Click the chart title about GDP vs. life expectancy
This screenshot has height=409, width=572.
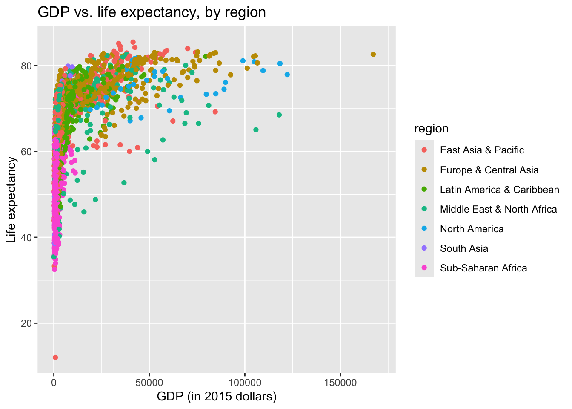[152, 12]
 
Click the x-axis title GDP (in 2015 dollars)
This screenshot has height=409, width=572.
[217, 397]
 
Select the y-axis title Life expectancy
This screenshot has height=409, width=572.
[11, 200]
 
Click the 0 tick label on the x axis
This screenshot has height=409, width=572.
[54, 383]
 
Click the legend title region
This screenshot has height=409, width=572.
[431, 129]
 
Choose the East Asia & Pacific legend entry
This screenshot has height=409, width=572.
[482, 150]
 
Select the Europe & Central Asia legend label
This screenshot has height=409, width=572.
[489, 170]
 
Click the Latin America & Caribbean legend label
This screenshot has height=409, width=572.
[499, 190]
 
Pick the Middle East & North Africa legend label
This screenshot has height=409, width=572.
[498, 209]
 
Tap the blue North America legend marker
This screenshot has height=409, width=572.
[424, 229]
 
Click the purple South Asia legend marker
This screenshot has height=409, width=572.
[424, 248]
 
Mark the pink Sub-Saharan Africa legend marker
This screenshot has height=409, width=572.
[424, 268]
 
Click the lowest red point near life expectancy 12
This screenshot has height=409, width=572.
[55, 357]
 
